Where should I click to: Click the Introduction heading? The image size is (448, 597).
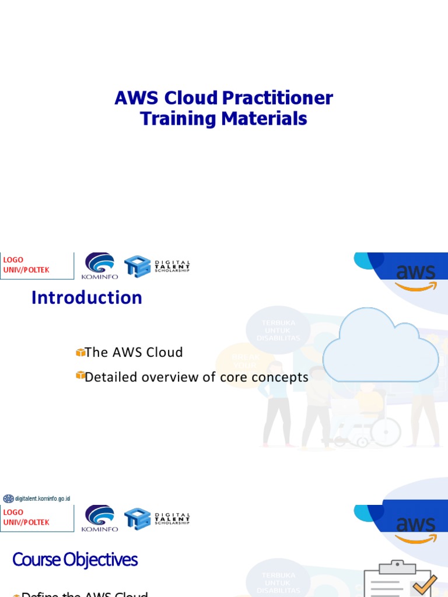point(87,298)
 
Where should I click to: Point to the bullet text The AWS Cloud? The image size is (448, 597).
point(134,352)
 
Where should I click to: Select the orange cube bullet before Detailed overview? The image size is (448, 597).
point(80,376)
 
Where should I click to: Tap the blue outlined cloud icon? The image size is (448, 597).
point(380,346)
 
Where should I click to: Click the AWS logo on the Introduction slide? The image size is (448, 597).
point(415,277)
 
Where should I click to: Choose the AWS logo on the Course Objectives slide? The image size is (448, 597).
point(415,528)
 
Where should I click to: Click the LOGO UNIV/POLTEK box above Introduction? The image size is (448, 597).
point(36,265)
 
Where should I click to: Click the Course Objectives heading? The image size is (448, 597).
point(75,560)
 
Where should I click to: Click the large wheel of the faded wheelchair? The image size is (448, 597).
point(384,431)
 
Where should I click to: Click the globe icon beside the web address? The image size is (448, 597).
point(8,498)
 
